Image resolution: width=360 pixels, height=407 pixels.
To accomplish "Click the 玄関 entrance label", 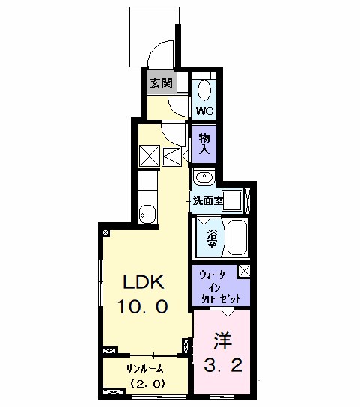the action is click(x=161, y=83).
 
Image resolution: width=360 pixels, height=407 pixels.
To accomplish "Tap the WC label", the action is click(x=204, y=111).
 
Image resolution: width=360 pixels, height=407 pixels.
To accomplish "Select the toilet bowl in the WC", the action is click(x=204, y=90).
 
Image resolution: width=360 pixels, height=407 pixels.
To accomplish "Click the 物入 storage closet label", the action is click(x=204, y=144).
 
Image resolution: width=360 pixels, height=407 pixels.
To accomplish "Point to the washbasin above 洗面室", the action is click(x=204, y=177).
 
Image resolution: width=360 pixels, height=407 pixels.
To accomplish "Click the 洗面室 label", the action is click(x=208, y=201).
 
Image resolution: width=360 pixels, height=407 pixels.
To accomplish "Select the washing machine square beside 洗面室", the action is click(x=234, y=201).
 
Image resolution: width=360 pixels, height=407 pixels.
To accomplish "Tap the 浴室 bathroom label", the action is click(x=212, y=239).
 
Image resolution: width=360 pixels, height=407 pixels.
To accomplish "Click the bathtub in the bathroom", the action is click(x=237, y=238).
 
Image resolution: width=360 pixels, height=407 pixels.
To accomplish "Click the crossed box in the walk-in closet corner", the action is click(x=245, y=272).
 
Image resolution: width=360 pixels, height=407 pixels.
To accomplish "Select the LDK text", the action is click(x=144, y=282).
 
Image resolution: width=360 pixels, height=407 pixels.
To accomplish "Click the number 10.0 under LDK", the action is click(x=143, y=306).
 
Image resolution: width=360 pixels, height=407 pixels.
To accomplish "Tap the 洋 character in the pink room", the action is click(x=222, y=341).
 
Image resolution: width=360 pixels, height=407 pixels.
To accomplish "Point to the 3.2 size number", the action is click(x=223, y=364).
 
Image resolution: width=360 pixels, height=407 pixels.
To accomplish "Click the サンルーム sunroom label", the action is click(x=144, y=368).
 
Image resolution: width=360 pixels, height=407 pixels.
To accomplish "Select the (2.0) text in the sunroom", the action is click(x=147, y=383).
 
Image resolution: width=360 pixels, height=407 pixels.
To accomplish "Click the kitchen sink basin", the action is click(x=147, y=215).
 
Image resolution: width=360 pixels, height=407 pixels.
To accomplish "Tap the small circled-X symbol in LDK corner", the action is click(x=106, y=233).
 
